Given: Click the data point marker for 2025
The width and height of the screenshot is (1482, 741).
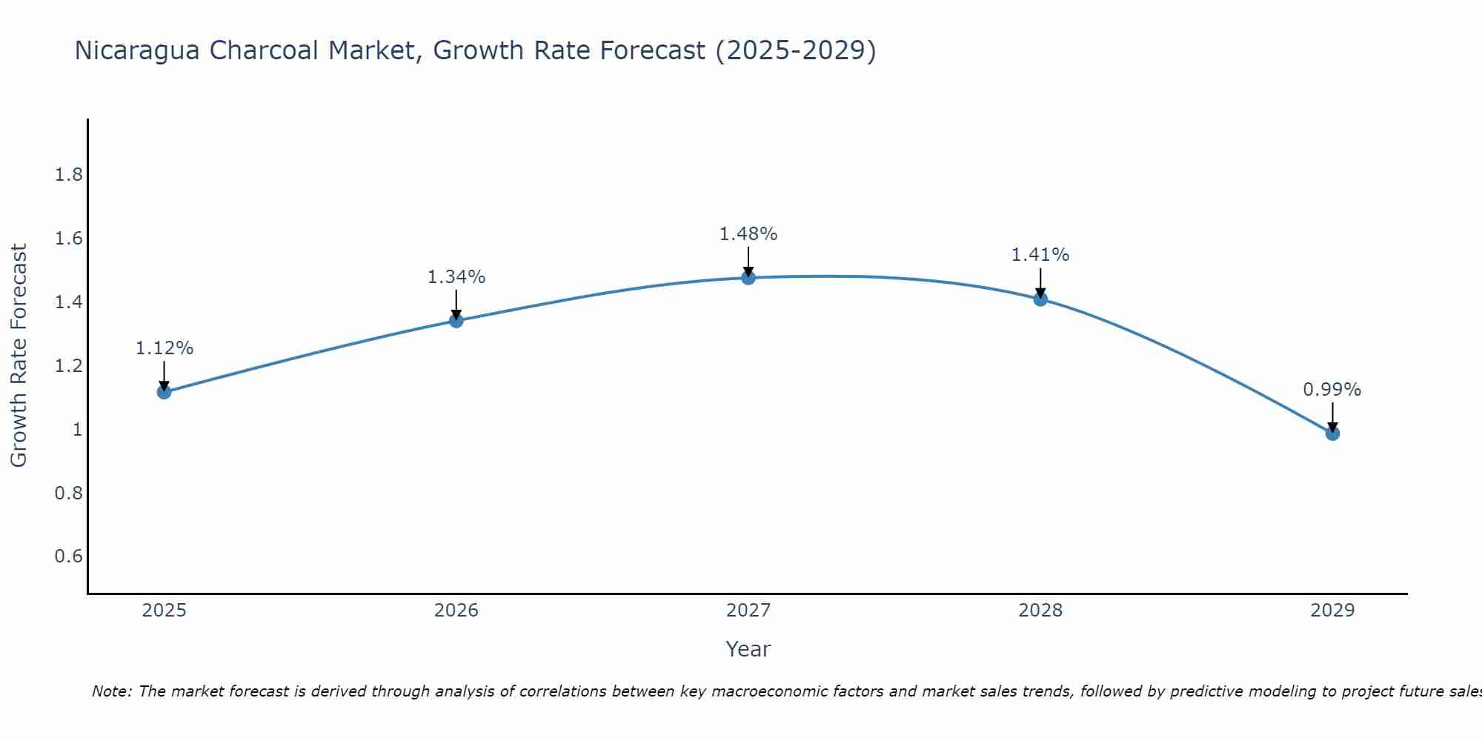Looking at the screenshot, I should point(165,392).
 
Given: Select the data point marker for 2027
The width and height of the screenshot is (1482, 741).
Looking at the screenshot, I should point(748,278).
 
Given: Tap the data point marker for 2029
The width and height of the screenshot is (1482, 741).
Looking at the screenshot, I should point(1332,433).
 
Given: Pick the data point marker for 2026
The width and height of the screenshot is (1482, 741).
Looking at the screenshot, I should point(456,321).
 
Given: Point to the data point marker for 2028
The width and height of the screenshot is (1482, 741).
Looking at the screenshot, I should point(1040,299).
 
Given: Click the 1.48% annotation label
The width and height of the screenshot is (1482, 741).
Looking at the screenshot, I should point(748,234).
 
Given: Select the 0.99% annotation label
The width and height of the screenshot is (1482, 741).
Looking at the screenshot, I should point(1332,390).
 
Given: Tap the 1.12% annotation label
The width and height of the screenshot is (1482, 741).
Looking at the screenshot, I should point(165,348).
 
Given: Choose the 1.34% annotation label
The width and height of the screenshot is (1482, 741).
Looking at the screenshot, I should point(456,277).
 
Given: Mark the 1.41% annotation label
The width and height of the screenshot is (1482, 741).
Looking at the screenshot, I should point(1040,255).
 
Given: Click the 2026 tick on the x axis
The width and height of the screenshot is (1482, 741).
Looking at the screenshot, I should point(456,611).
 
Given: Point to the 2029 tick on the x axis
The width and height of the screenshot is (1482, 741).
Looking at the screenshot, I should point(1332,611).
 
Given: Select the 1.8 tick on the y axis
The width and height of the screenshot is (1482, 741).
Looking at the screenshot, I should point(68,175).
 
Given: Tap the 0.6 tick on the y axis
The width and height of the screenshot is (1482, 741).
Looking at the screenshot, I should point(68,556).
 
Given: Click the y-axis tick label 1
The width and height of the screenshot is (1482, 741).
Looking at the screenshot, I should point(77,430).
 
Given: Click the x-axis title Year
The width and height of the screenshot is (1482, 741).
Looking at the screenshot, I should point(748,649).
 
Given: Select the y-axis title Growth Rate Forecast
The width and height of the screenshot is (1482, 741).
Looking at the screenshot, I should point(19,356).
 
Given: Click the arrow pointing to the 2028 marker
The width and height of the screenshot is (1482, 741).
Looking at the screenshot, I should point(1040,282).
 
